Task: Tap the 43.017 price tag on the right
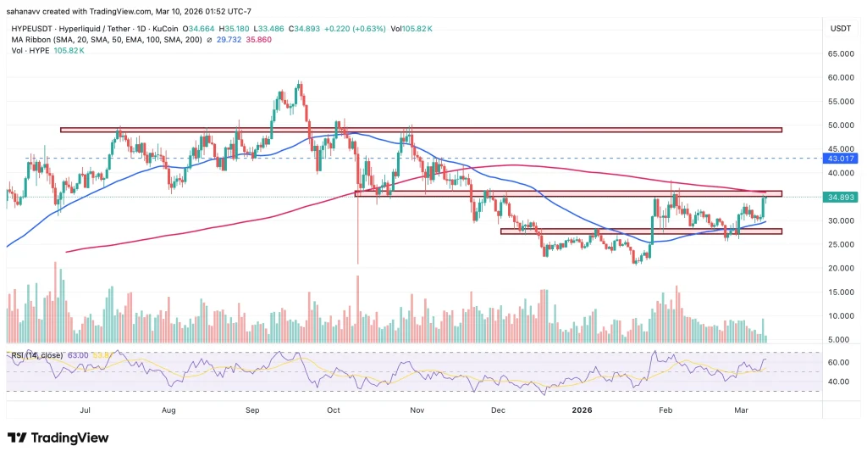(x=842, y=159)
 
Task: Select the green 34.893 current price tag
(x=842, y=197)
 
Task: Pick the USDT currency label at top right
(x=840, y=29)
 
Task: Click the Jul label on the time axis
(x=85, y=410)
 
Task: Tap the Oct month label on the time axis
(x=334, y=410)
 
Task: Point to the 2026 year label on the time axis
(x=582, y=410)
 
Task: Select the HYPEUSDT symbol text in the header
(x=31, y=28)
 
